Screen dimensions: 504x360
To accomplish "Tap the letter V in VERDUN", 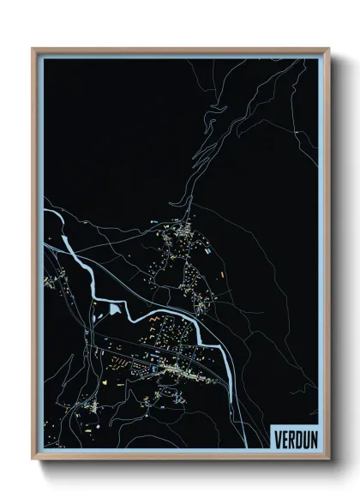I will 276,441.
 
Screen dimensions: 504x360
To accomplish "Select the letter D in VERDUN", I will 296,441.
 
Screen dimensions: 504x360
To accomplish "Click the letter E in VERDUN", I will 283,441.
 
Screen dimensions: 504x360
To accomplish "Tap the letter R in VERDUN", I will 289,441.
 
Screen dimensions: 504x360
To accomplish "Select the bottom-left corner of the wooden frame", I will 33,460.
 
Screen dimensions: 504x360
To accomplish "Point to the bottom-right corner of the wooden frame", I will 328,460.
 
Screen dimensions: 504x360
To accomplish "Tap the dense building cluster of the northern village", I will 183,230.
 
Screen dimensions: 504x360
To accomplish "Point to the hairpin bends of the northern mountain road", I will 183,202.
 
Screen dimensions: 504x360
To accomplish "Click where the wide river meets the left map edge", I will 45,208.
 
